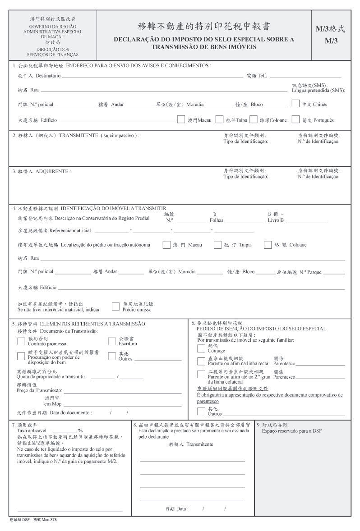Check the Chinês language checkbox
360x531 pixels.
pos(295,104)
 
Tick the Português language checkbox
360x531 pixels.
pos(295,120)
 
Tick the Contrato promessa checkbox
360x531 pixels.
pos(21,341)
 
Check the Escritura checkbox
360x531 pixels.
pos(112,341)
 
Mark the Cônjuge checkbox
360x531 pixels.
pos(201,348)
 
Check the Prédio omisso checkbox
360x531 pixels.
pos(115,307)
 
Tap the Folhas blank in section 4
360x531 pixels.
pos(244,221)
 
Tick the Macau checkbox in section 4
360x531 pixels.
pos(166,245)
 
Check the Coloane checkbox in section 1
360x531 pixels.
pos(254,120)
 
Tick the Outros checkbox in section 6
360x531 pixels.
pos(201,411)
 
